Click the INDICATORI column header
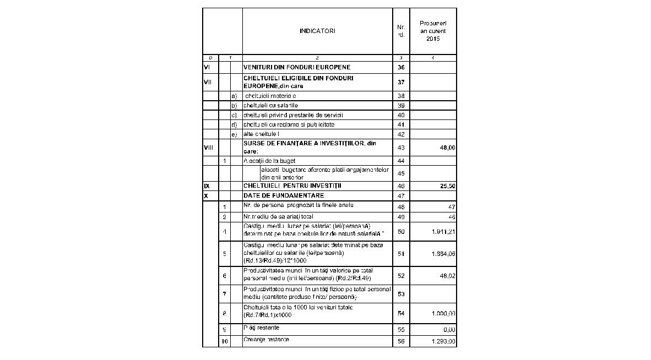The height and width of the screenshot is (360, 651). (317, 31)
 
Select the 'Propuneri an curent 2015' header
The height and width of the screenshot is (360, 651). (433, 31)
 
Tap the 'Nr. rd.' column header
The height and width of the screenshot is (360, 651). (401, 31)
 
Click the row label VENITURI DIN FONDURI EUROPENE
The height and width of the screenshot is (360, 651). (297, 67)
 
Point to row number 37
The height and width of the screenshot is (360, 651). (401, 82)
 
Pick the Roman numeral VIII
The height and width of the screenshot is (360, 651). (209, 148)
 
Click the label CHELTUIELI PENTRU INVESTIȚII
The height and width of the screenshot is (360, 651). (292, 186)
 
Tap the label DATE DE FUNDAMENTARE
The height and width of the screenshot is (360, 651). (284, 195)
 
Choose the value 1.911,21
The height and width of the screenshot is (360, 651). (443, 232)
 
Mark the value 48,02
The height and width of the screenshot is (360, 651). (447, 276)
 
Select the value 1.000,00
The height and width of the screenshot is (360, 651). (443, 313)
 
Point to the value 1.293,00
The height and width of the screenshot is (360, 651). (443, 342)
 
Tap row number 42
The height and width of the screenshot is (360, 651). (401, 134)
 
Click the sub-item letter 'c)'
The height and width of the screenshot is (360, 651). (234, 115)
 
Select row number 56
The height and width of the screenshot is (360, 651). (401, 342)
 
